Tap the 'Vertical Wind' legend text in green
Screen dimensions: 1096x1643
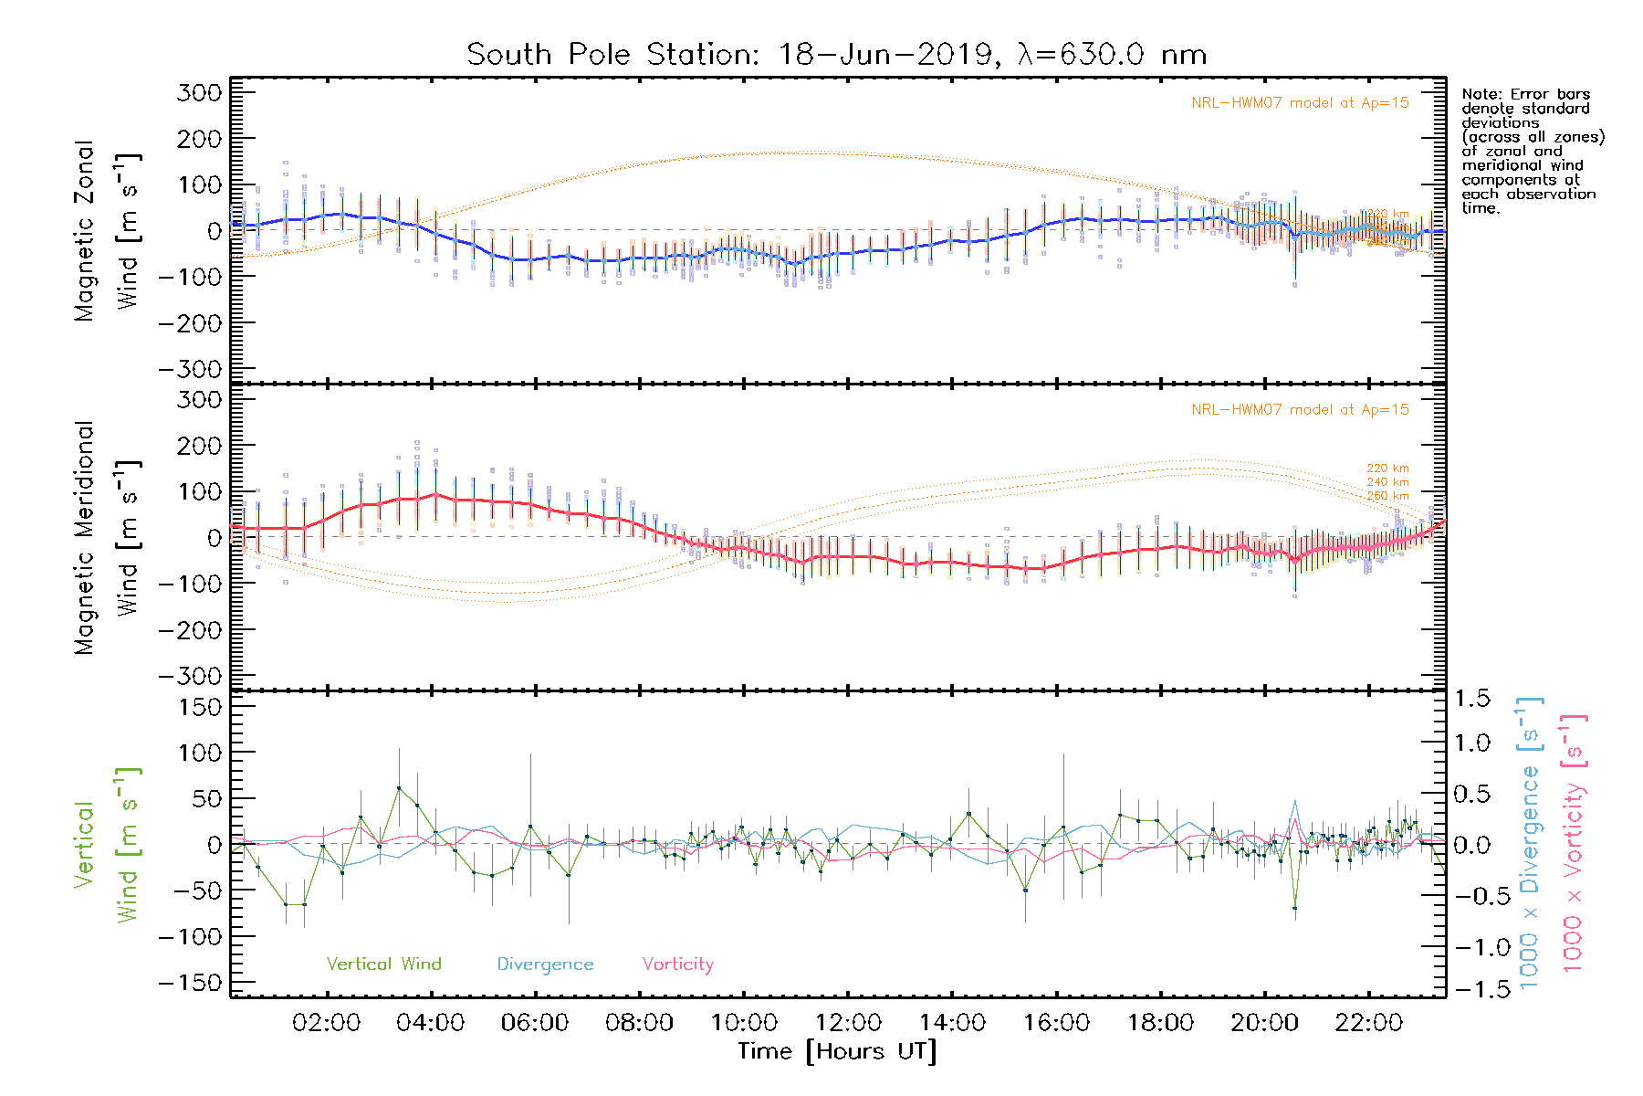383,964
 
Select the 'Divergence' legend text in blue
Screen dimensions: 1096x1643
545,964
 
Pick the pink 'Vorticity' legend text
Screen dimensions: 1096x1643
677,964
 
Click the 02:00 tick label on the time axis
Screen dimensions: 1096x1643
326,1023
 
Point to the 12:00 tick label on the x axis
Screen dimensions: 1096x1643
848,1023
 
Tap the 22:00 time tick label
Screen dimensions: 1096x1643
1368,1023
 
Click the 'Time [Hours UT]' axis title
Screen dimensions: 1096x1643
837,1051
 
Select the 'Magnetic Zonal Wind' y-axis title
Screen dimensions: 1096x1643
107,230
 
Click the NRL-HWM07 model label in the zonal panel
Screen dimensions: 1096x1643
1300,103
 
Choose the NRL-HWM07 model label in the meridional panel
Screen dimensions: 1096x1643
1300,410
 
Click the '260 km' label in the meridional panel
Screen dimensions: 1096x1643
1387,496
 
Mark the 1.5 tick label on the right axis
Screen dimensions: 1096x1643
1471,699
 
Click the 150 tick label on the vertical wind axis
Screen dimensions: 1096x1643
201,707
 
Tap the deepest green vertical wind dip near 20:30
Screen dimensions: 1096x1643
1294,907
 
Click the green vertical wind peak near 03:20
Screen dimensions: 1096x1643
399,787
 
